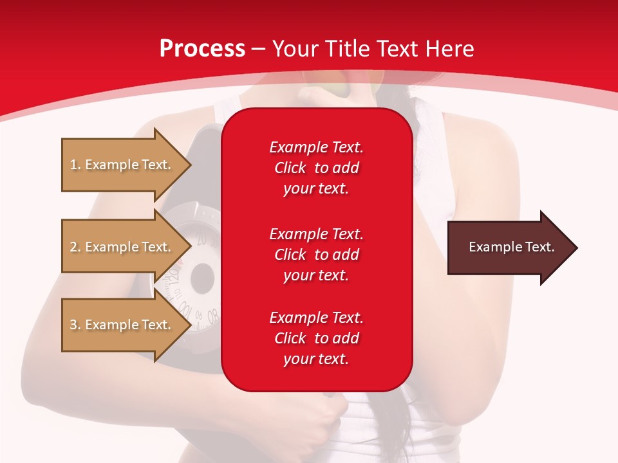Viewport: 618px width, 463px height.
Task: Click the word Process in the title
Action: pyautogui.click(x=202, y=49)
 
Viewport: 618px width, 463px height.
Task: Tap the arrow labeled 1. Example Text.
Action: pyautogui.click(x=122, y=165)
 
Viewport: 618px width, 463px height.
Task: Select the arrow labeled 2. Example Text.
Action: pyautogui.click(x=122, y=247)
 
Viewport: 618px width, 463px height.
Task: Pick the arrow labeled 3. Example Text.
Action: pyautogui.click(x=122, y=325)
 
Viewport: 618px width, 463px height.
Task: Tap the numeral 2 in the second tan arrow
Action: pyautogui.click(x=73, y=247)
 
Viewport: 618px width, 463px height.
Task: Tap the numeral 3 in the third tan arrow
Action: pyautogui.click(x=73, y=325)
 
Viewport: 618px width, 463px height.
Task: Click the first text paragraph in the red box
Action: pyautogui.click(x=316, y=168)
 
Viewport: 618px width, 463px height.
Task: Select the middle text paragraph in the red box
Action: pyautogui.click(x=316, y=255)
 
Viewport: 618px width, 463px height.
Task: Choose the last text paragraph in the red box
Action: pyautogui.click(x=316, y=338)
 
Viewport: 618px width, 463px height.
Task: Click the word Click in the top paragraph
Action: pyautogui.click(x=290, y=168)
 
